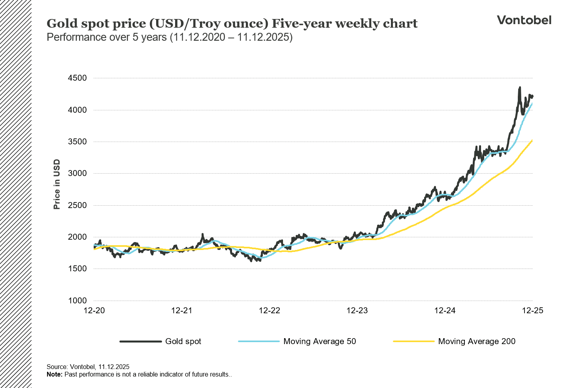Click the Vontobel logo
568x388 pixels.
[524, 20]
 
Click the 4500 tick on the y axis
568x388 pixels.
[77, 78]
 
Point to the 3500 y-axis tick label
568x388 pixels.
[77, 142]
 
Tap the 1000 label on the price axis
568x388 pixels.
[77, 301]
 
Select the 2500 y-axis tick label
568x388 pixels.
[77, 205]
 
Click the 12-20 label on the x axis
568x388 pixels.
[94, 310]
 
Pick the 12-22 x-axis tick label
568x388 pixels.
[270, 310]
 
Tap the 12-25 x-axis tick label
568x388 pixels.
[532, 310]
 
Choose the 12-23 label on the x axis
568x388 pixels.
[357, 310]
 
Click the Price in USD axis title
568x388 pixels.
[57, 184]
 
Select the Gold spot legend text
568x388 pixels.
[183, 341]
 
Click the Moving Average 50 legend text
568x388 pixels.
[319, 341]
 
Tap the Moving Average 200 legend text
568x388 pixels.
[477, 341]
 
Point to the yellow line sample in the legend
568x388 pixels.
[413, 341]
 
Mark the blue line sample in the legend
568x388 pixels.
[259, 341]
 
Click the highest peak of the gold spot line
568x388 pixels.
[520, 87]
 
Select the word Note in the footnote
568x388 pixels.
[54, 374]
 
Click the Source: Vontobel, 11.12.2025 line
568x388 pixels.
[88, 367]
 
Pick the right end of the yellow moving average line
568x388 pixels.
[532, 140]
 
